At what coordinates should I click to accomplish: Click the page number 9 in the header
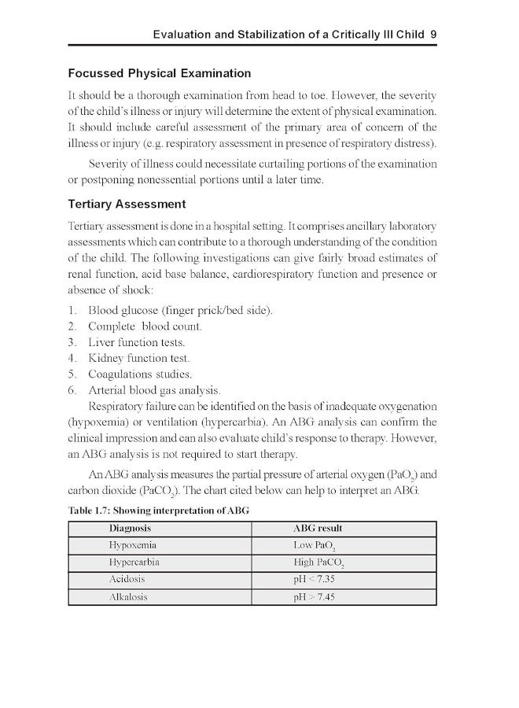(433, 35)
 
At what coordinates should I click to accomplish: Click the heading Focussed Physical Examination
(160, 73)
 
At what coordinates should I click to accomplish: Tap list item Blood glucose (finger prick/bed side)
(181, 310)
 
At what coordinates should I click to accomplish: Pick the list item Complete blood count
(145, 326)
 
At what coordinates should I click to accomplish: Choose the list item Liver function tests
(137, 342)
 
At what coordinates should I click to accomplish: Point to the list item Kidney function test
(139, 358)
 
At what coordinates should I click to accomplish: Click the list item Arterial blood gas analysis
(154, 390)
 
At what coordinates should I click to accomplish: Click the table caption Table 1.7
(159, 510)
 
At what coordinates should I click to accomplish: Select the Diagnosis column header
(130, 528)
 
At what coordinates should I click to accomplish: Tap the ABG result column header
(317, 528)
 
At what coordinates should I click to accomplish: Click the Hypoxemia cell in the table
(132, 544)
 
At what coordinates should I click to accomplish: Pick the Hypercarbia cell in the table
(135, 562)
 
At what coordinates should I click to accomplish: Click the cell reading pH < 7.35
(314, 579)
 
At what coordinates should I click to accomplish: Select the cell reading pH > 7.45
(314, 597)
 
